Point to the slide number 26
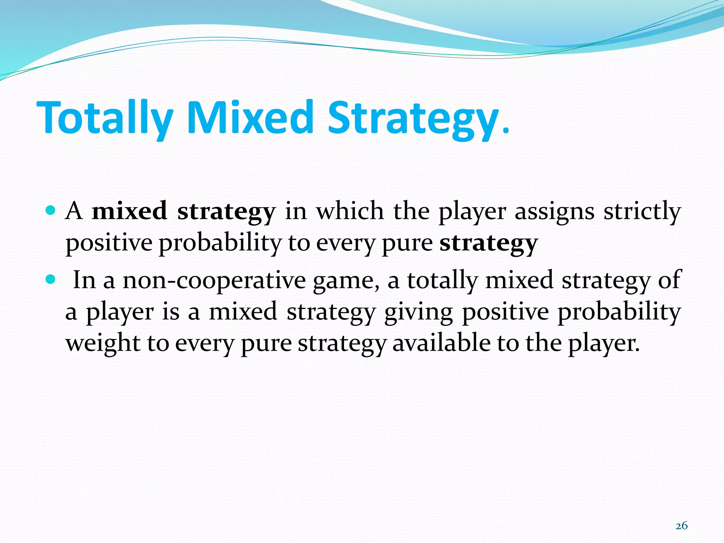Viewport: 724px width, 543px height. click(682, 526)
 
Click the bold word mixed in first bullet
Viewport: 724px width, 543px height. click(129, 211)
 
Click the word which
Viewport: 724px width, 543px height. click(350, 211)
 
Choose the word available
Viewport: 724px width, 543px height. click(441, 343)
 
